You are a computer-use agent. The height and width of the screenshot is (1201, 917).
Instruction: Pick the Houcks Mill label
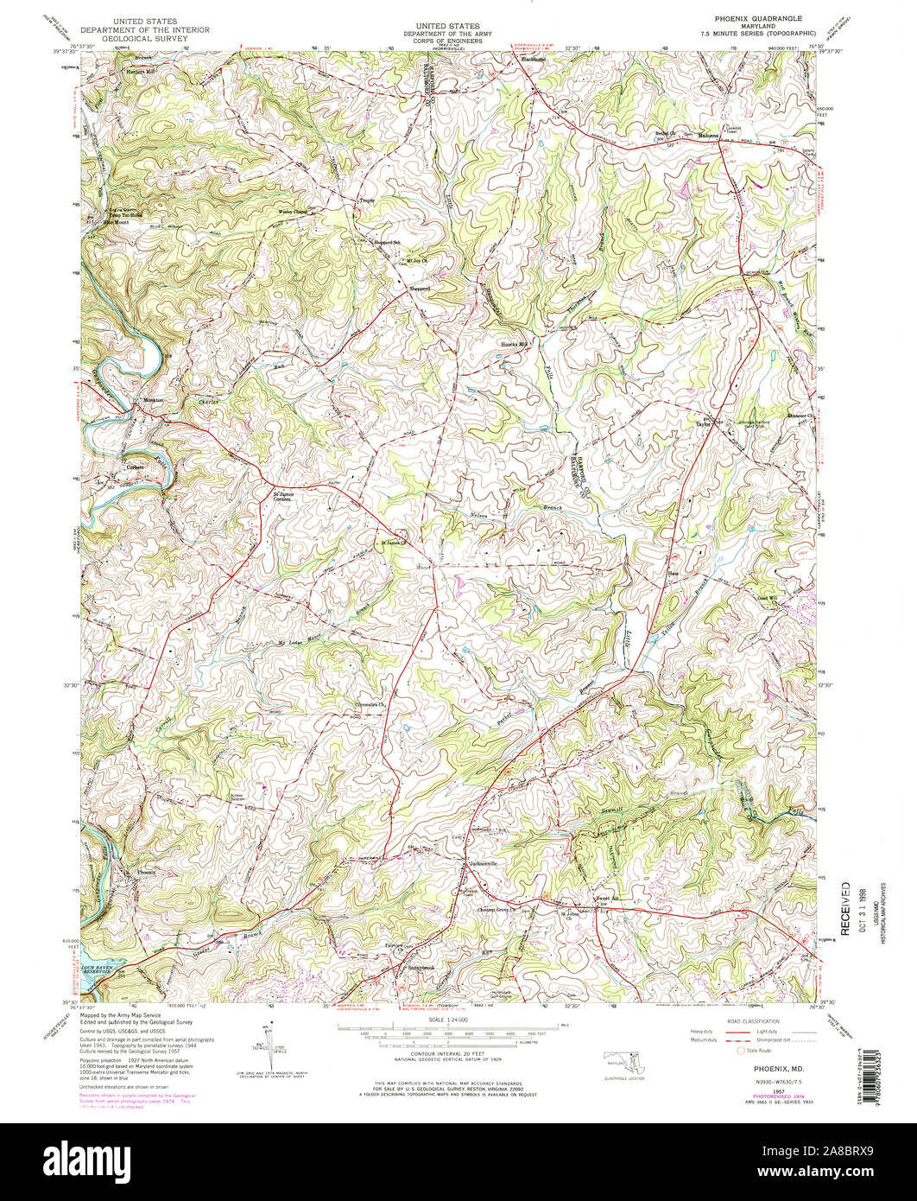(515, 344)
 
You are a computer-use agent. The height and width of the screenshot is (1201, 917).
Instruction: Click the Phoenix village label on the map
(147, 874)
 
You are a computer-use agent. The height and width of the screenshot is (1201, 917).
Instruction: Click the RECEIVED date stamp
(846, 909)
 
